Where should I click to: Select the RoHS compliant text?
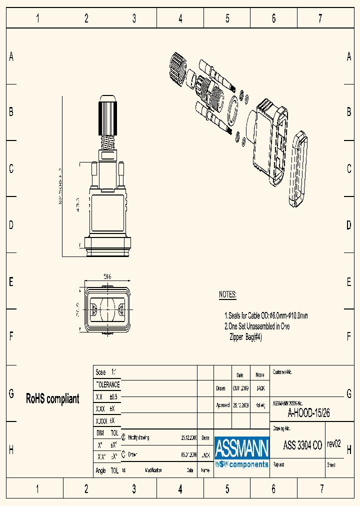tap(52, 398)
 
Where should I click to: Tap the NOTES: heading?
tap(227, 294)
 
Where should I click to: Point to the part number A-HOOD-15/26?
tap(308, 413)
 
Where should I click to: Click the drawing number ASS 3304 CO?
tap(302, 445)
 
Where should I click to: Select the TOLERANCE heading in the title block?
tap(107, 384)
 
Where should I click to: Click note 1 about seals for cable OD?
tap(266, 315)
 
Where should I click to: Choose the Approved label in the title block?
tap(222, 405)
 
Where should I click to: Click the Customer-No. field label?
tap(282, 372)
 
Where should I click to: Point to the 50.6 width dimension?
tap(106, 276)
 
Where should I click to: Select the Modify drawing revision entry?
tap(138, 437)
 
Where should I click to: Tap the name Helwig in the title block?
tap(260, 405)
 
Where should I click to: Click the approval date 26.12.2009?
tap(240, 405)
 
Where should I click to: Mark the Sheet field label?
tap(331, 464)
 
